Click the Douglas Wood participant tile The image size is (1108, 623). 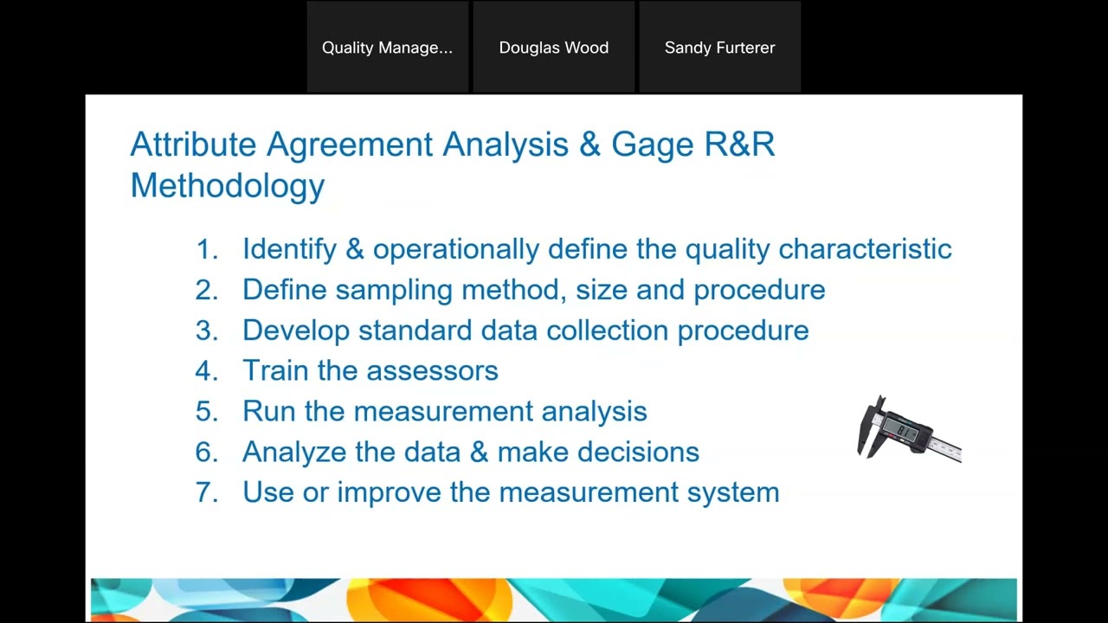coord(554,48)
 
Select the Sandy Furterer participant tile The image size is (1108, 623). coord(719,48)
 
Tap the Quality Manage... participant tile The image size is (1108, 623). coord(387,48)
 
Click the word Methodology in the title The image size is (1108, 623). coord(227,185)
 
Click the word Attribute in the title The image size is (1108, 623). coord(193,145)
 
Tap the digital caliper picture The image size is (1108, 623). coord(908,429)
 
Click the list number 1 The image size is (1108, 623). coord(206,249)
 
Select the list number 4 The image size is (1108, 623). coord(206,370)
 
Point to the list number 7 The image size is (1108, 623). coord(206,492)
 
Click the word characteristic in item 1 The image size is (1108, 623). coord(865,249)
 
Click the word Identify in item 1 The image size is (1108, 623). coord(289,249)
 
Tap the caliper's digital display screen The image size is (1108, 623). coord(905,430)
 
